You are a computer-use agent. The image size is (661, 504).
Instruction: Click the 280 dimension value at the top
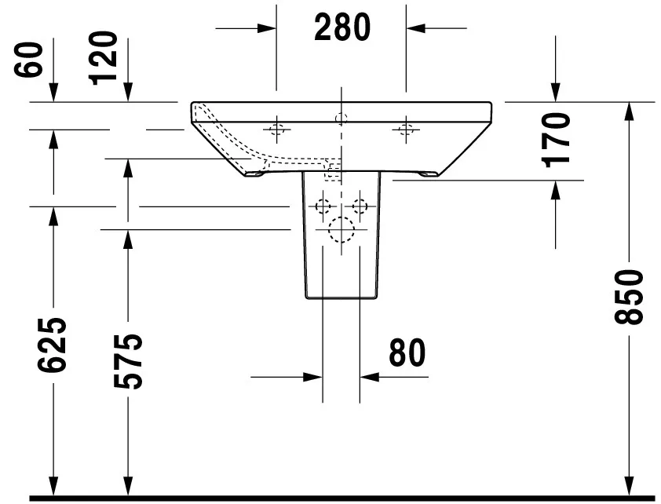(x=341, y=28)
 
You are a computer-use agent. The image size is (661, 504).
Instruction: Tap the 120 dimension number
(x=104, y=57)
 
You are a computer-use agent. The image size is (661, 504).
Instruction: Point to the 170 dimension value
(x=557, y=140)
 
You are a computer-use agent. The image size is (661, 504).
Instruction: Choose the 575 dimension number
(x=128, y=361)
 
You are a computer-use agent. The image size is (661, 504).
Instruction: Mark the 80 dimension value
(x=407, y=353)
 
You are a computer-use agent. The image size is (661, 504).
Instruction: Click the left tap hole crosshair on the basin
(x=276, y=128)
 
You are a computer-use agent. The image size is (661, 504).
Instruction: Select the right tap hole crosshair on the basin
(x=406, y=128)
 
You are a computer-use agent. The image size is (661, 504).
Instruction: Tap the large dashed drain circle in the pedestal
(x=341, y=229)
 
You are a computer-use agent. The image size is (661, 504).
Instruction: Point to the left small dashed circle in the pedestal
(x=323, y=206)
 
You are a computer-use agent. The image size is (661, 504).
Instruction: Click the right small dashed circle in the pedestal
(x=360, y=206)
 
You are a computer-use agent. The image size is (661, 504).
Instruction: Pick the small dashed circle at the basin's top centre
(x=341, y=119)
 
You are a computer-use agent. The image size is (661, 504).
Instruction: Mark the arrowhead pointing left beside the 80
(x=370, y=377)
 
